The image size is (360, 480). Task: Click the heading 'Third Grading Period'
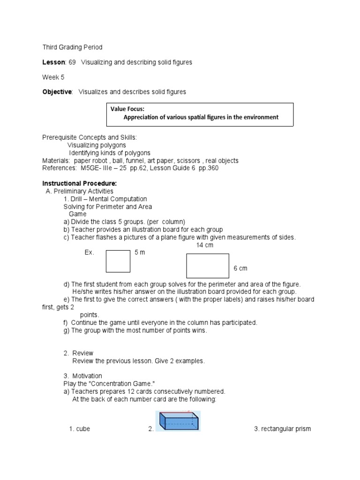[x=72, y=47]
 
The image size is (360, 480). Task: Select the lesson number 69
[x=73, y=62]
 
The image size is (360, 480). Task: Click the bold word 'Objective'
[x=57, y=92]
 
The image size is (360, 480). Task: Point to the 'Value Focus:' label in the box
[x=127, y=109]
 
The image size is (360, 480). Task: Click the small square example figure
[x=118, y=261]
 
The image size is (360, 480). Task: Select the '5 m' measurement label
[x=140, y=253]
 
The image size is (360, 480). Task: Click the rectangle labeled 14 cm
[x=208, y=266]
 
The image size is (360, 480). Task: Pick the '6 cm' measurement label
[x=240, y=268]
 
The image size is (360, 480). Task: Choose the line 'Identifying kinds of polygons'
[x=110, y=153]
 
